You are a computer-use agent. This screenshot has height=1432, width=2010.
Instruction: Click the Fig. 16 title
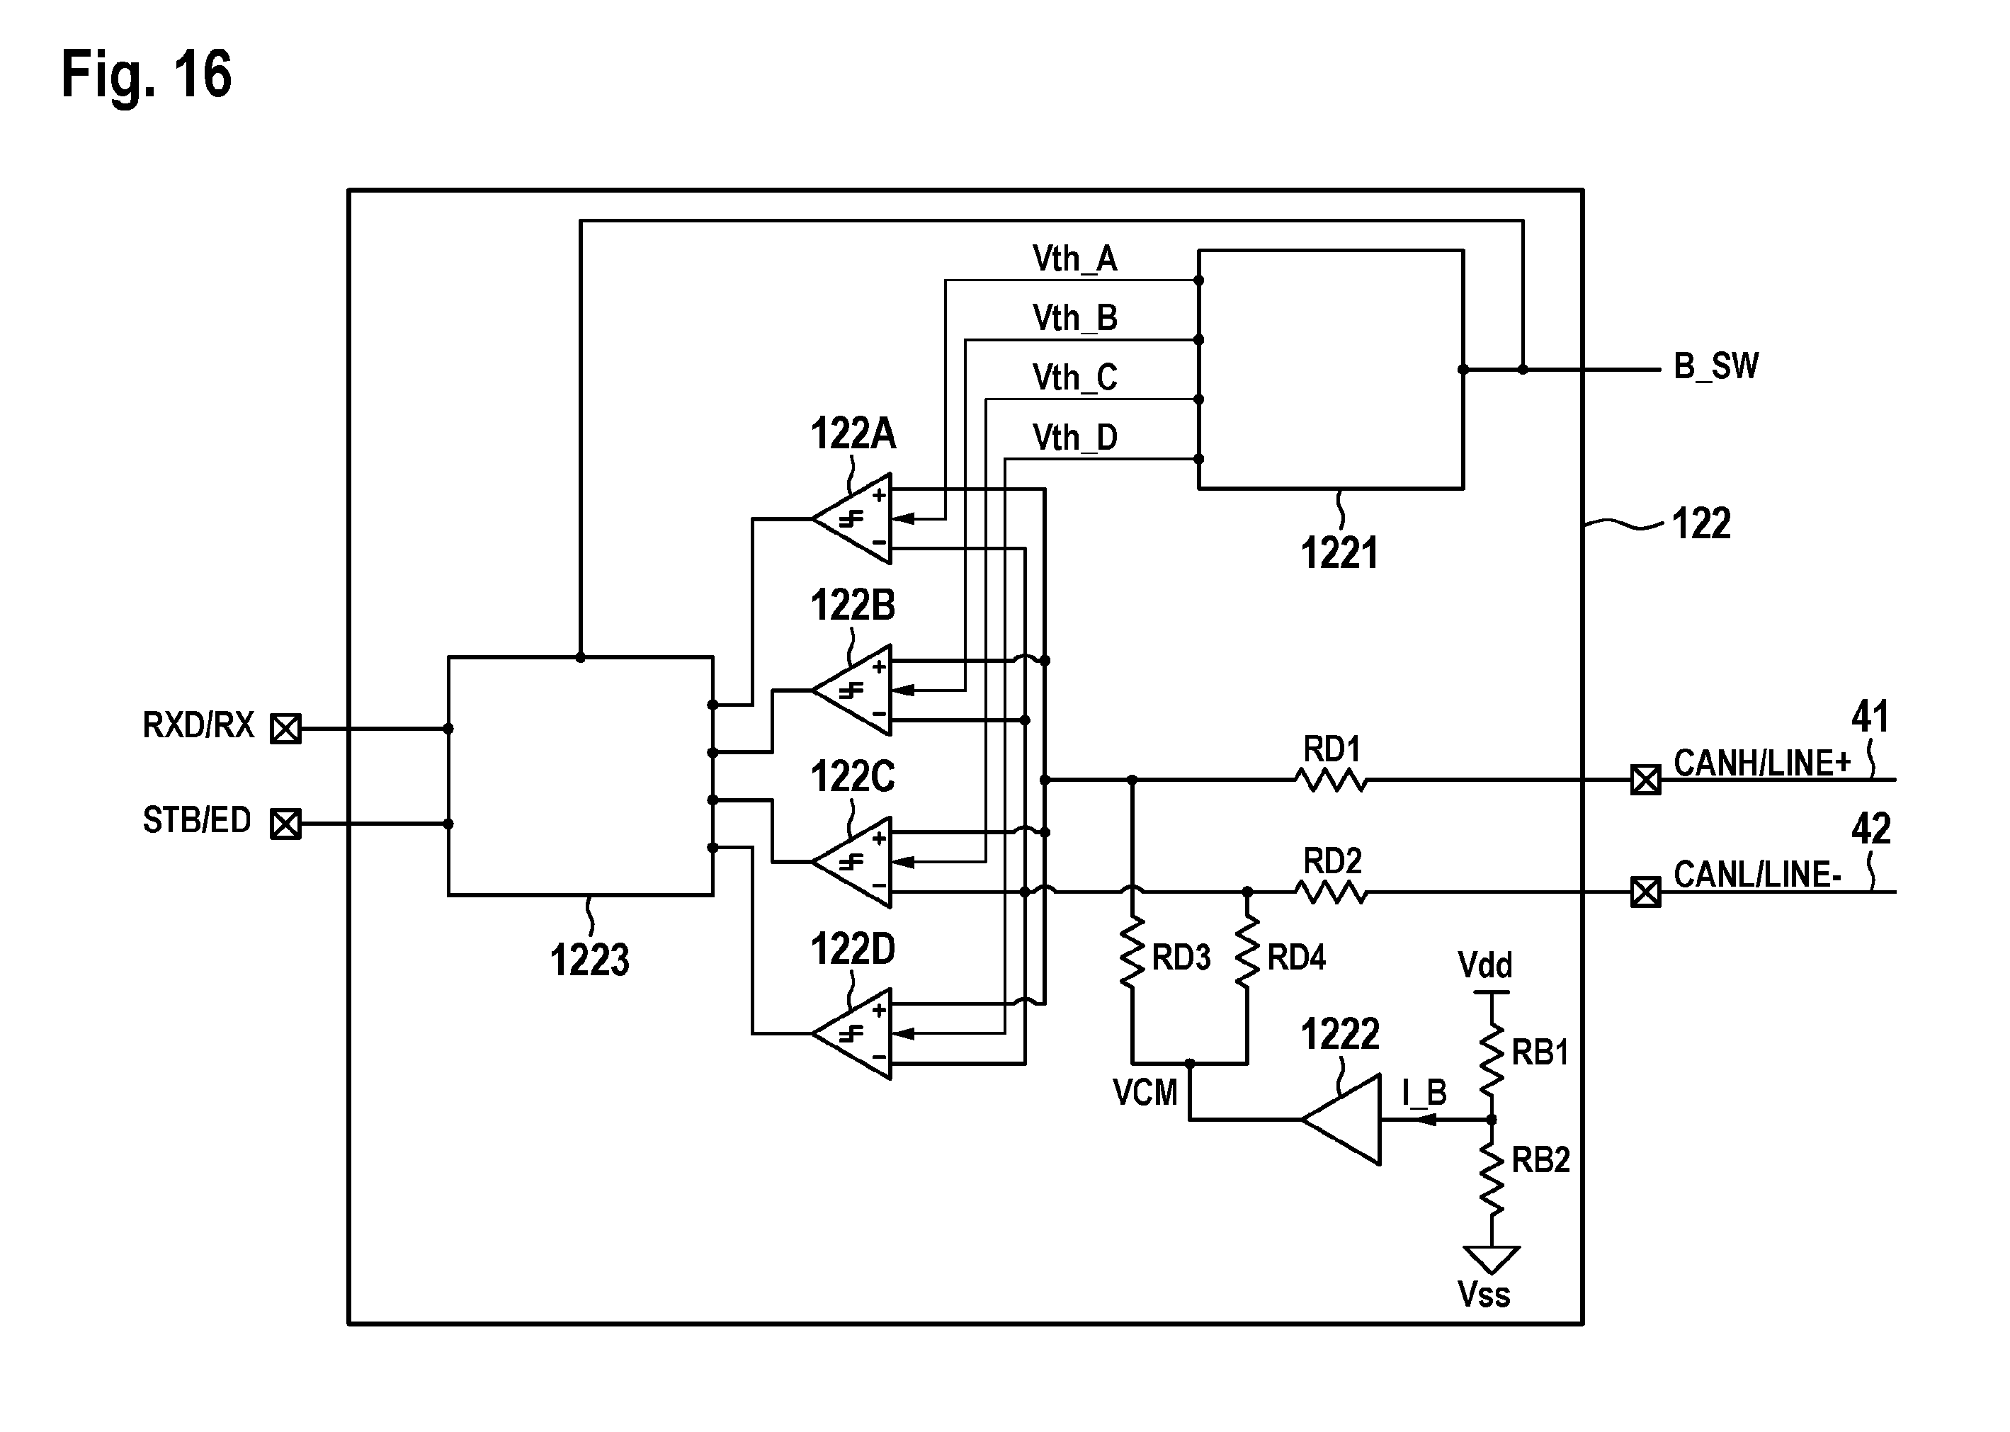[x=147, y=74]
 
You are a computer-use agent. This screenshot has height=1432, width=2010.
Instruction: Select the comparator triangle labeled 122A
[x=851, y=519]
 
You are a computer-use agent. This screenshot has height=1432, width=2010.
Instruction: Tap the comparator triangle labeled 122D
[x=851, y=1033]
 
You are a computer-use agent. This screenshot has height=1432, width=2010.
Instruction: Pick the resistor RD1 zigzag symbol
[x=1332, y=780]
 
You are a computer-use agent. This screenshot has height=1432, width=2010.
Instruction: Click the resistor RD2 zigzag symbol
[x=1332, y=892]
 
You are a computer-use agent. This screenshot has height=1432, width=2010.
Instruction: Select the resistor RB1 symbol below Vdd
[x=1491, y=1058]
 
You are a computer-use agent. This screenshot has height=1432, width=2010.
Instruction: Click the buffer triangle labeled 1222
[x=1341, y=1120]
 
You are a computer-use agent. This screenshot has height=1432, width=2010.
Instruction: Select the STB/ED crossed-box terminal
[x=285, y=824]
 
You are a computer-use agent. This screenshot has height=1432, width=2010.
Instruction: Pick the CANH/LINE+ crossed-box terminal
[x=1645, y=780]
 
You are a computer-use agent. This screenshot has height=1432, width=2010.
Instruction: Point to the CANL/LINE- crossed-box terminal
[x=1645, y=892]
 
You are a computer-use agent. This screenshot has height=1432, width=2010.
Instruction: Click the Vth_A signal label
[x=1074, y=259]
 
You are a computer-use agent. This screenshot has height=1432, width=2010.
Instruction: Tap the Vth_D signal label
[x=1074, y=438]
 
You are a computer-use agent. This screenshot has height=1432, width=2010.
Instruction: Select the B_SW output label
[x=1715, y=366]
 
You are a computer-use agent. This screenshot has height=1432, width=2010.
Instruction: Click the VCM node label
[x=1145, y=1093]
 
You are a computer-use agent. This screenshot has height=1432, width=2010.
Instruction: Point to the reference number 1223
[x=590, y=960]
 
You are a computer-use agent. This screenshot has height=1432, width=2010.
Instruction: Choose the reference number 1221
[x=1340, y=554]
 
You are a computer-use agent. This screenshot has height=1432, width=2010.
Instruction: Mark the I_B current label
[x=1424, y=1093]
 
